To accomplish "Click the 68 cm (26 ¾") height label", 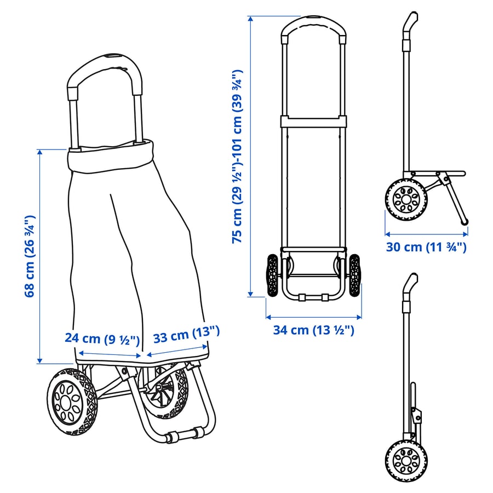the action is (x=30, y=256).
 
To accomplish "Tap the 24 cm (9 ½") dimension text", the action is (x=102, y=339).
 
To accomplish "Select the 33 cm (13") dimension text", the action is (x=186, y=335).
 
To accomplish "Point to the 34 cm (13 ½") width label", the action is (x=313, y=330).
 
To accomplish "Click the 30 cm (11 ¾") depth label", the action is (x=426, y=247).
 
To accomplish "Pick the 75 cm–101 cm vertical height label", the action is (x=237, y=156).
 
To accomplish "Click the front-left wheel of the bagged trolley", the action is (x=72, y=402).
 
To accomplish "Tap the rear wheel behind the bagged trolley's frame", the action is (x=163, y=390).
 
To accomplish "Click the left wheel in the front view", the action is (x=273, y=276).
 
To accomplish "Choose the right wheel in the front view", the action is (x=354, y=276).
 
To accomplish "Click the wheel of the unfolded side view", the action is (x=406, y=199).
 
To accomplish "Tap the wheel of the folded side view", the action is (x=406, y=461).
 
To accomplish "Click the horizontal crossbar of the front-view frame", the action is (x=313, y=122).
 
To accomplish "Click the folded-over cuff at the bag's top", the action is (x=111, y=157).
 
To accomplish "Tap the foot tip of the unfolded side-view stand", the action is (x=464, y=222).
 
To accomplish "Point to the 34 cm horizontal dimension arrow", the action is (x=313, y=317).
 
